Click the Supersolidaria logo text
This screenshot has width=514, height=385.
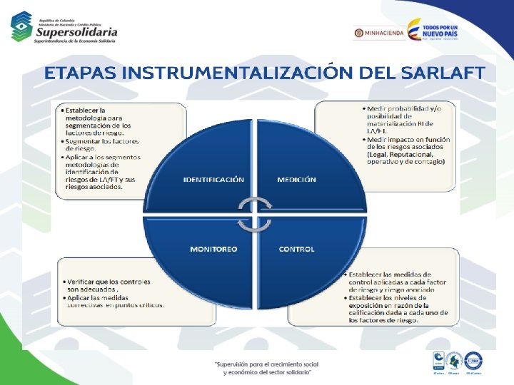pyautogui.click(x=76, y=31)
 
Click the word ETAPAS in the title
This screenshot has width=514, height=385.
pyautogui.click(x=80, y=73)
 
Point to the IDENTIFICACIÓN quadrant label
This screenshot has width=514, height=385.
pyautogui.click(x=213, y=180)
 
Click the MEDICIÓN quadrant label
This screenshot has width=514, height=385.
pyautogui.click(x=296, y=180)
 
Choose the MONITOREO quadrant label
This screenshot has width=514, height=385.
pyautogui.click(x=213, y=249)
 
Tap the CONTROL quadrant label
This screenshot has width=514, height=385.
pyautogui.click(x=296, y=249)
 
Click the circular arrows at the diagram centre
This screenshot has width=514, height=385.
pyautogui.click(x=256, y=215)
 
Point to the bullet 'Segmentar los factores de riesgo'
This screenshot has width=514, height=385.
pyautogui.click(x=94, y=144)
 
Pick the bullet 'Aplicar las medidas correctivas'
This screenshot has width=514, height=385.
pyautogui.click(x=114, y=301)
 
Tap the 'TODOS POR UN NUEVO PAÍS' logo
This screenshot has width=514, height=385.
pyautogui.click(x=433, y=31)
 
